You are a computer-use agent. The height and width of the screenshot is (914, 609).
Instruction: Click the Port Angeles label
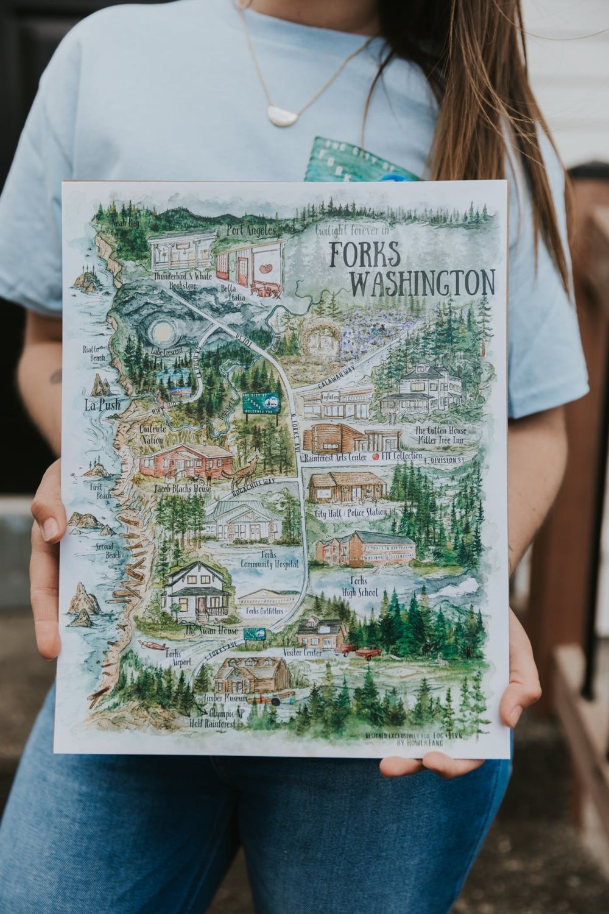(x=252, y=231)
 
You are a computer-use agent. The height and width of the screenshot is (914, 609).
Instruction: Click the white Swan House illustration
(x=194, y=589)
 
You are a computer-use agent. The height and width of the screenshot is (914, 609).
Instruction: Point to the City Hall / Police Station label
(x=350, y=513)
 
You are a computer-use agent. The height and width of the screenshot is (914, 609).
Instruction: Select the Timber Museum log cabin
(x=252, y=675)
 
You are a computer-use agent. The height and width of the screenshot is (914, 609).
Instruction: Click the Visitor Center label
(x=302, y=652)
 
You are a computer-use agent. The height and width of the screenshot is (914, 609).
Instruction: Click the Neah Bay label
(x=125, y=224)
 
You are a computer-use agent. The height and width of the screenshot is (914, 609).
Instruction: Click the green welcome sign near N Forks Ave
(x=261, y=403)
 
